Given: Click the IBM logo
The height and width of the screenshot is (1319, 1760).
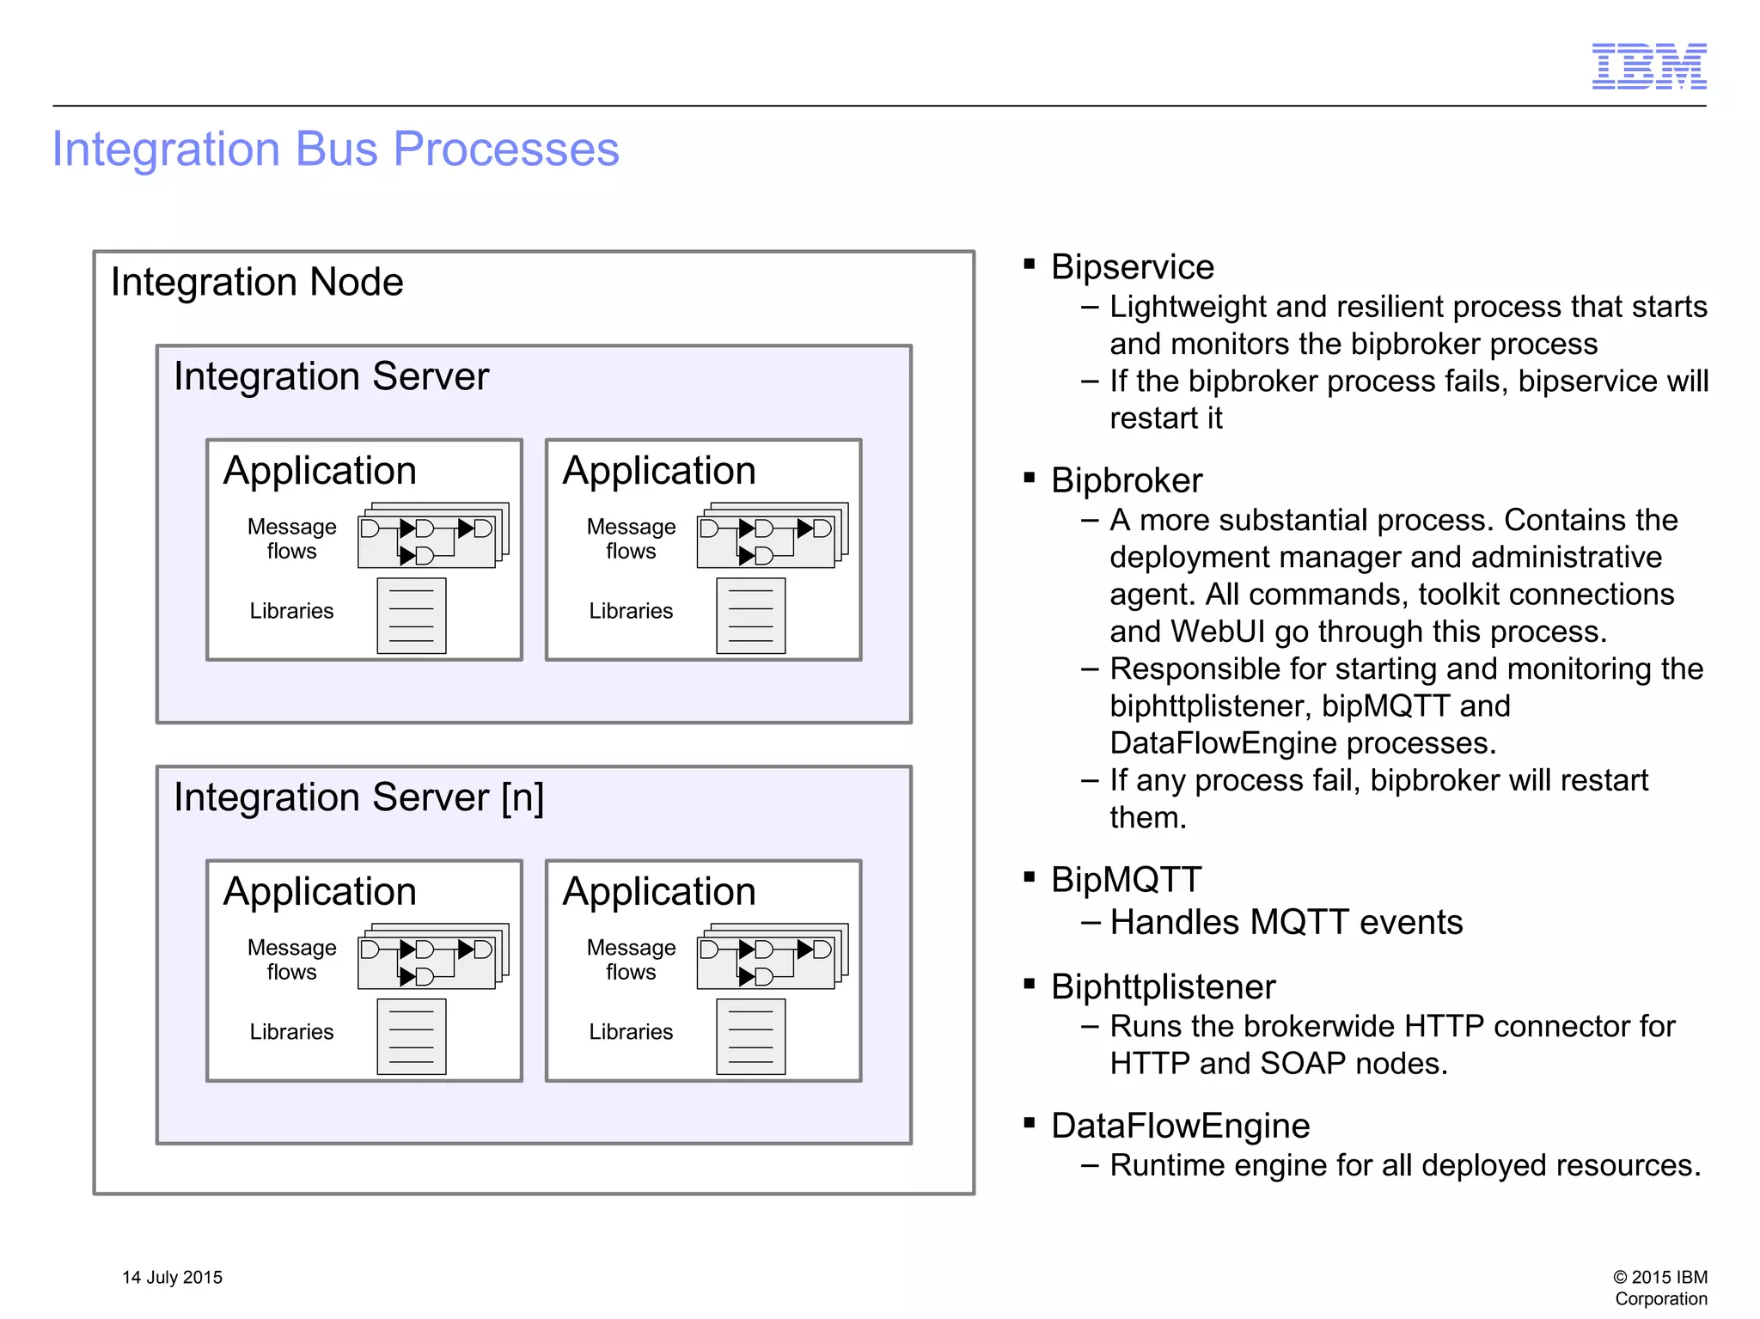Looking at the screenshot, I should pyautogui.click(x=1648, y=66).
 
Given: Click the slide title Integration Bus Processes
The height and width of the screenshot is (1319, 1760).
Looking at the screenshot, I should pyautogui.click(x=335, y=150).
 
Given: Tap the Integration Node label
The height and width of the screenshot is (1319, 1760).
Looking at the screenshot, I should pyautogui.click(x=257, y=282).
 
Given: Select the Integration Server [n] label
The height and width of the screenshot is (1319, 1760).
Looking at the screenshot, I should pyautogui.click(x=358, y=797).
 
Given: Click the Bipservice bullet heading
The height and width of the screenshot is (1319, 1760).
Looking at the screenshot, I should pyautogui.click(x=1132, y=267).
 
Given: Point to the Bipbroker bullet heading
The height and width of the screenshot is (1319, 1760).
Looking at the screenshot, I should pyautogui.click(x=1126, y=480).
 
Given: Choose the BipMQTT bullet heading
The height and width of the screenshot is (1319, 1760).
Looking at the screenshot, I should pyautogui.click(x=1126, y=880).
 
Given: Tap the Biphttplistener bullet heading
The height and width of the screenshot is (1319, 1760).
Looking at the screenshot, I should pyautogui.click(x=1163, y=986).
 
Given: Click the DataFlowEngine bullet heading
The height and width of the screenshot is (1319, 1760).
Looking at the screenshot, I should pyautogui.click(x=1180, y=1126).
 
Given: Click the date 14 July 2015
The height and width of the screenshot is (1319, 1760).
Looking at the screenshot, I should pyautogui.click(x=172, y=1277).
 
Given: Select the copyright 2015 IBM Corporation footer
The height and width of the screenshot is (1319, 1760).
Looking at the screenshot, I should pyautogui.click(x=1660, y=1287).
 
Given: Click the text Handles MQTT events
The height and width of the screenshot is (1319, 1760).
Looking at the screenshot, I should pyautogui.click(x=1286, y=923).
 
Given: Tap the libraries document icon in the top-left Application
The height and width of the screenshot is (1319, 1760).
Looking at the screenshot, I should pyautogui.click(x=411, y=615).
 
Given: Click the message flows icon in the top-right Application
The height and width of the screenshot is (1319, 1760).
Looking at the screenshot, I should pyautogui.click(x=772, y=536).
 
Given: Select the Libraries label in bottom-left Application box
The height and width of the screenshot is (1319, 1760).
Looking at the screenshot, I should pyautogui.click(x=291, y=1032).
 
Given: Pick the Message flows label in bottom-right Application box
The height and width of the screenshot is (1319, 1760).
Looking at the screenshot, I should pyautogui.click(x=631, y=959).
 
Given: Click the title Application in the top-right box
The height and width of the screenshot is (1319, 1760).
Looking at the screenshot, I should pyautogui.click(x=658, y=471).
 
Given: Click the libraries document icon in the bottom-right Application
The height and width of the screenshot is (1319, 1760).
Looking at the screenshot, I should pyautogui.click(x=750, y=1036).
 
